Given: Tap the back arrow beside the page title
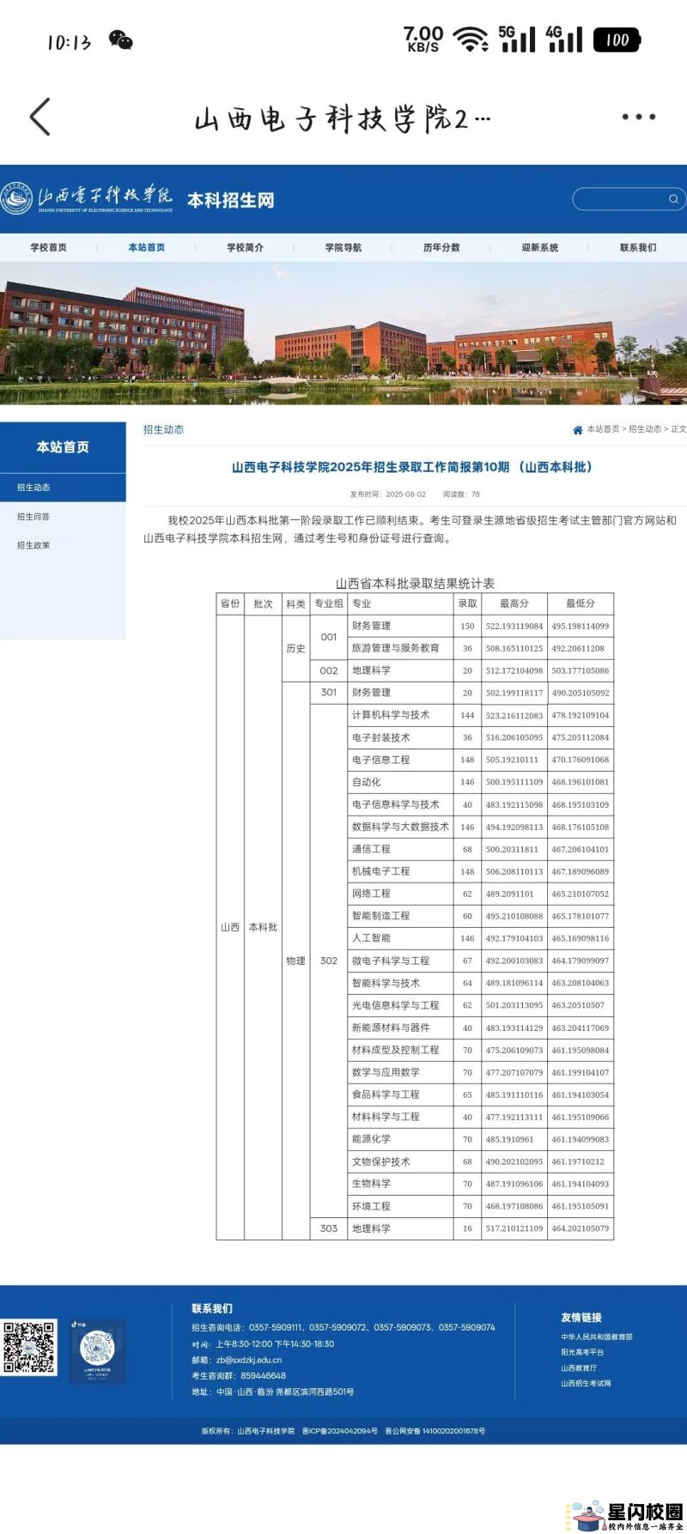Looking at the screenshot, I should tap(40, 117).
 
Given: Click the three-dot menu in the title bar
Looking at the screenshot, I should tap(639, 117).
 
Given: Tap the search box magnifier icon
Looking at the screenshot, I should tap(674, 199).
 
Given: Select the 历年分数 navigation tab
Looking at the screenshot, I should tap(441, 247).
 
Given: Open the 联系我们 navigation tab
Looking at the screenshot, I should tap(638, 247).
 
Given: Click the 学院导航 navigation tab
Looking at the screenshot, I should tap(343, 247).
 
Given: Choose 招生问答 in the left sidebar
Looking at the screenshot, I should tap(33, 517).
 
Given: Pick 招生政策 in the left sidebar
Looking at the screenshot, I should tap(33, 545).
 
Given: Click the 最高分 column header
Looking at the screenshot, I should tap(514, 603).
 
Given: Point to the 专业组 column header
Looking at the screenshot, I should tap(329, 603).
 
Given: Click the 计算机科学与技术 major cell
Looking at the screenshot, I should tap(391, 715).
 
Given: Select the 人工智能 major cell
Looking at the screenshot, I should tap(372, 938).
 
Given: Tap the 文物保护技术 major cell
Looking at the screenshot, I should tap(381, 1161).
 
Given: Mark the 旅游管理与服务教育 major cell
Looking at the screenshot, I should tap(396, 648).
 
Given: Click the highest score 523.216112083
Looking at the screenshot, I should tap(514, 715).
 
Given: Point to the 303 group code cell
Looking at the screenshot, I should tap(329, 1228).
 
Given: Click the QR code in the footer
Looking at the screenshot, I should tap(29, 1347).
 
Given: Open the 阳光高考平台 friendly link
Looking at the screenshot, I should tap(582, 1352).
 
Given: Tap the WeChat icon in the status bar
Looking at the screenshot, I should tap(121, 40).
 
